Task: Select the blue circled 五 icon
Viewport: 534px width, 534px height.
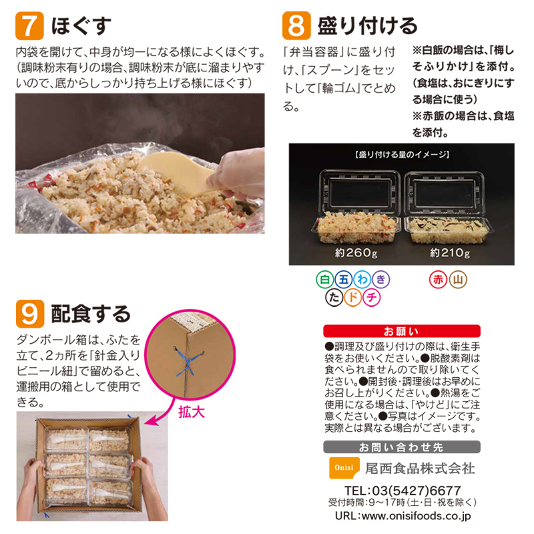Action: click(343, 280)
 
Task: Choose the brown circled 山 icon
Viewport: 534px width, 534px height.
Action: click(458, 280)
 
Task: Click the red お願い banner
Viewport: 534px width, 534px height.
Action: click(401, 330)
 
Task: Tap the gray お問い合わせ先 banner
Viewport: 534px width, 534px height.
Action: click(401, 447)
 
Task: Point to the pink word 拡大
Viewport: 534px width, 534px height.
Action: click(191, 412)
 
